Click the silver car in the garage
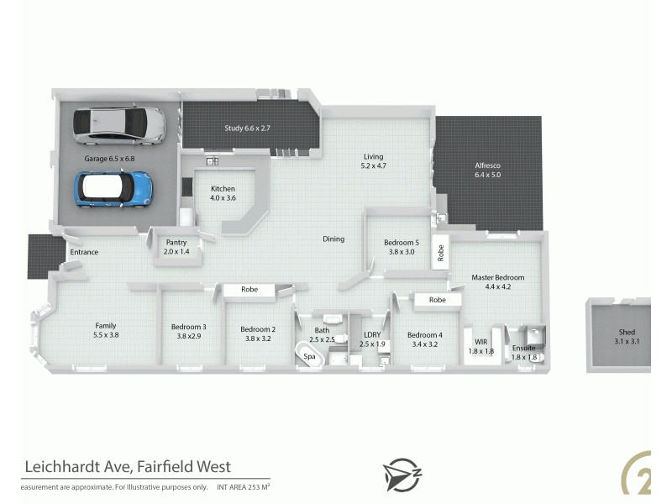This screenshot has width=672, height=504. (118, 124)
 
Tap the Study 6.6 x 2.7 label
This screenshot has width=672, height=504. (246, 129)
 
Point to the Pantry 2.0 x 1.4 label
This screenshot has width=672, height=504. (178, 246)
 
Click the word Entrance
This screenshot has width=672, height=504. (84, 252)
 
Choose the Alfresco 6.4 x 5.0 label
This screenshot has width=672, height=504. (487, 171)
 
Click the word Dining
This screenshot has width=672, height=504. (333, 239)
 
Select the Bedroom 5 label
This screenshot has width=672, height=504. (400, 246)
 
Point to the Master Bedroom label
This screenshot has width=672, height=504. (497, 281)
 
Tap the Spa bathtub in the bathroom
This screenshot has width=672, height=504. (310, 356)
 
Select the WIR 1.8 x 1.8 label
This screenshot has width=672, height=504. (481, 346)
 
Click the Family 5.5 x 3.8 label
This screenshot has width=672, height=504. (105, 330)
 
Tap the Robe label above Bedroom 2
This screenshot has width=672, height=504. (249, 290)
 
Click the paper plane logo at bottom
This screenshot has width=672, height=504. (399, 474)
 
